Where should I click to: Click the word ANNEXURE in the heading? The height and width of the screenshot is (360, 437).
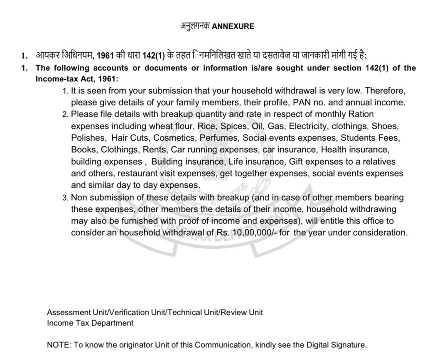tap(233, 27)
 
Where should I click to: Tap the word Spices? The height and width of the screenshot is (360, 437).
tap(233, 126)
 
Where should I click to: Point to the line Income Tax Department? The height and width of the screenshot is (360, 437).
tap(90, 323)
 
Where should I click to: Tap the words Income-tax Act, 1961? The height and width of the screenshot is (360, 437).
tap(77, 79)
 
